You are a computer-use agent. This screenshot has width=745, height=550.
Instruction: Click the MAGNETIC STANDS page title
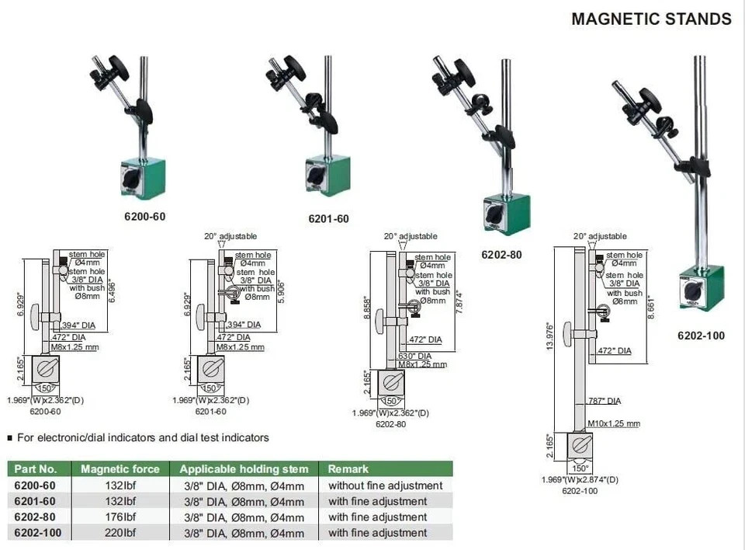click(x=651, y=19)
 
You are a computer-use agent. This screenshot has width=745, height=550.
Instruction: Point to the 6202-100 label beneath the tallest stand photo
click(x=699, y=336)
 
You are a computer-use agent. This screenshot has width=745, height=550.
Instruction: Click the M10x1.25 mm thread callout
click(x=614, y=423)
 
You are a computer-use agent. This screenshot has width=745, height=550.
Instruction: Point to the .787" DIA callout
click(x=604, y=401)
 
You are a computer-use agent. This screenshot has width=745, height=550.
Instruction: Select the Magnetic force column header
click(x=120, y=468)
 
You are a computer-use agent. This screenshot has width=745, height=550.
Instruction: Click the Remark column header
click(x=348, y=468)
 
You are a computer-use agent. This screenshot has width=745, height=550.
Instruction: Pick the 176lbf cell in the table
click(x=120, y=517)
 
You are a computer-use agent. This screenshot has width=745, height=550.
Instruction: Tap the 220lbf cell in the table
click(x=120, y=533)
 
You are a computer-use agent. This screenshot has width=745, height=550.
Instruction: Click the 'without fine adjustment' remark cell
click(x=385, y=486)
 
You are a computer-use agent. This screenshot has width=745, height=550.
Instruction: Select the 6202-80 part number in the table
click(x=35, y=517)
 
